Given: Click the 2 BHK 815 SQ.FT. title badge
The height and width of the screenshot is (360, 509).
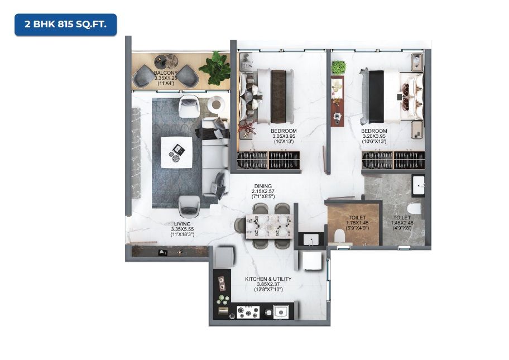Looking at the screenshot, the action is coord(65,25).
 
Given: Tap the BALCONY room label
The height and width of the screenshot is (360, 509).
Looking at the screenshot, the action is coord(166,73).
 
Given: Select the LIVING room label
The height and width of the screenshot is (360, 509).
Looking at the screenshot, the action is coord(182,224).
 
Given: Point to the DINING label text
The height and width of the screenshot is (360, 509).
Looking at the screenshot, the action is coord(263,186).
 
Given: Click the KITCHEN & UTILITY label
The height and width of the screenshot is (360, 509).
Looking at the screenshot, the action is coord(268,279).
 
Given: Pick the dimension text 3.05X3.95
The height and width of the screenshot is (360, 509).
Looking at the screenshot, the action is coord(284,136).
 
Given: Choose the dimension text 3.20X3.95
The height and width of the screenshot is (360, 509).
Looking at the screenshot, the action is coord(374,136).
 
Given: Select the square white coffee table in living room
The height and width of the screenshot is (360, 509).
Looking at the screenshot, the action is coord(176,152).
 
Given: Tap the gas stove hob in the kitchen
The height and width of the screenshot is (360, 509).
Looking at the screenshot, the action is coord(248,313).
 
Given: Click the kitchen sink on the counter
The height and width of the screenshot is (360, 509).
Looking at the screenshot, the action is coord(281,312).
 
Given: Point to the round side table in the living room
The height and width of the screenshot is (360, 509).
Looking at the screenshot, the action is coord(216,104).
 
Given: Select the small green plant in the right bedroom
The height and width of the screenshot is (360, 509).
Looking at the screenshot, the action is coord(338,68).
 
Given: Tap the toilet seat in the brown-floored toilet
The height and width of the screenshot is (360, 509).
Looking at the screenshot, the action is coord(340,235).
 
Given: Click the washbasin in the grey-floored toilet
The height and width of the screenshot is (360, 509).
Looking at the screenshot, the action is coord(419,185).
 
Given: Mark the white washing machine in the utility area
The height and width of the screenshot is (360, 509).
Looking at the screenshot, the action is coord(311,261).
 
